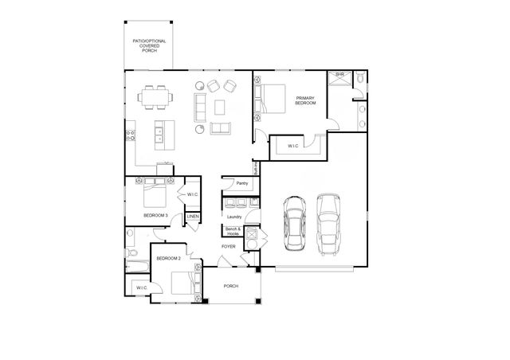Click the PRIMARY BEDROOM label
point(305,100)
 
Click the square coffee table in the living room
point(218,106)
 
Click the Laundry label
point(234,217)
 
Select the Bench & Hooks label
point(233,232)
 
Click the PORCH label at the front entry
point(231,286)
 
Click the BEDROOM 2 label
point(168,259)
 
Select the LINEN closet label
point(193,217)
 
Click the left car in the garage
point(292,224)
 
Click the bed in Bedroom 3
point(154,194)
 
